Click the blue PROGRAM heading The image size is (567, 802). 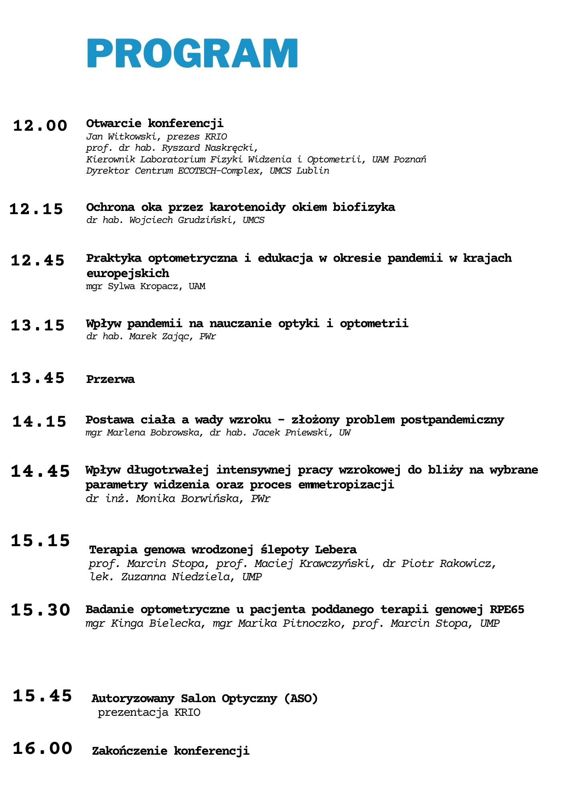point(192,53)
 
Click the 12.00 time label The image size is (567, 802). point(40,126)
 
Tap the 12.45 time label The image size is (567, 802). point(38,261)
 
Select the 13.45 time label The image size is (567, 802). point(38,378)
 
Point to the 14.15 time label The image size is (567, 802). point(39,421)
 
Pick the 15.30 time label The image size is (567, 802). point(40,610)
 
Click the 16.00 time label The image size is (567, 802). point(43,748)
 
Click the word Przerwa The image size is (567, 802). point(110,379)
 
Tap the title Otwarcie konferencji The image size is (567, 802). point(155,123)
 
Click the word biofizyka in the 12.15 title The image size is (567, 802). point(364,207)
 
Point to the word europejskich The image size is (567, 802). point(128,273)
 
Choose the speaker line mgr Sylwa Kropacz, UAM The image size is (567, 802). point(146,286)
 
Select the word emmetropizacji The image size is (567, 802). point(346,485)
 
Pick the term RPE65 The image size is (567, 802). point(507,610)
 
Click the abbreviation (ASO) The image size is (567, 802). point(301,698)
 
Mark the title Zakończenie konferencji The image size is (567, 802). point(170,751)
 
